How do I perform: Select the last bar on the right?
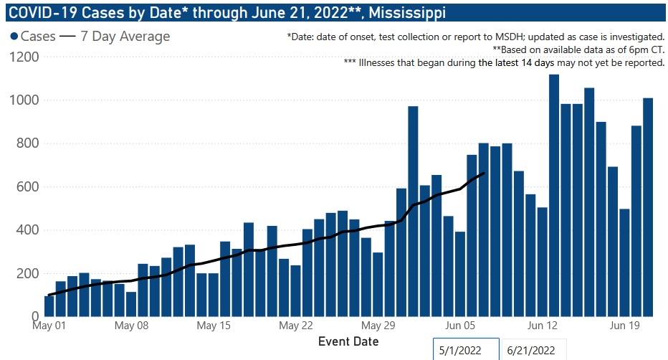coord(647,207)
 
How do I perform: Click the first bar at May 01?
coord(49,305)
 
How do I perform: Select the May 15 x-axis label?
coord(214,325)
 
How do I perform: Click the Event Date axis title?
coord(348,341)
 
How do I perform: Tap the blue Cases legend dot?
coord(14,37)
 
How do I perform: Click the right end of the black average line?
coord(484,173)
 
